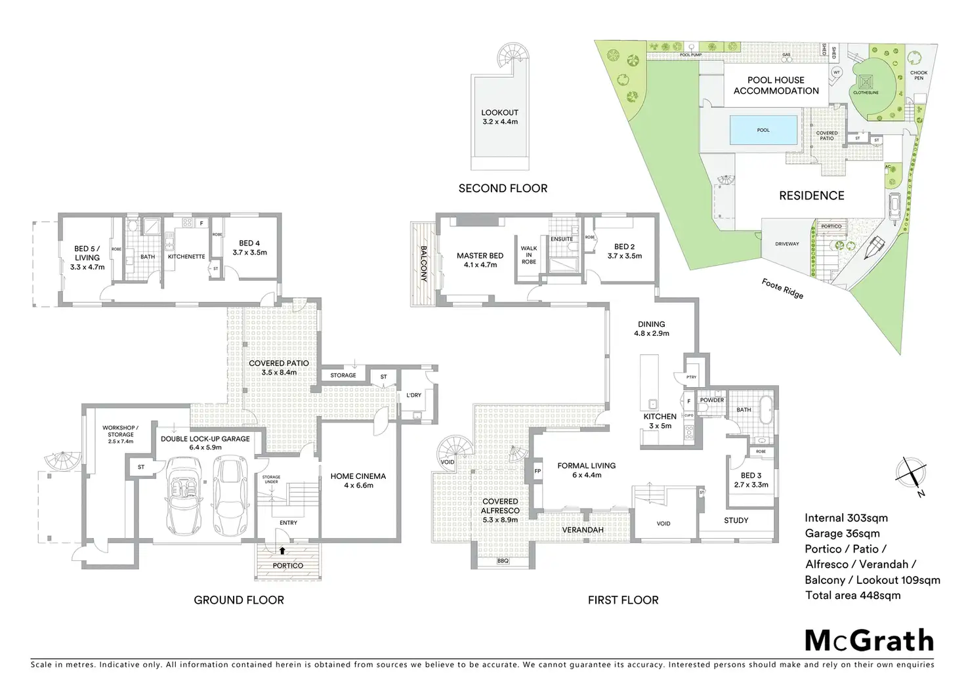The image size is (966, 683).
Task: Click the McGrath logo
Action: [869, 640]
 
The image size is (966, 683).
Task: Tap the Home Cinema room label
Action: [358, 480]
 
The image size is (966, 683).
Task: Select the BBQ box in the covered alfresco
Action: [503, 561]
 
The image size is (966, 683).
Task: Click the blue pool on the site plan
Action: [764, 130]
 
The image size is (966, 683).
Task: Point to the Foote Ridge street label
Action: [782, 288]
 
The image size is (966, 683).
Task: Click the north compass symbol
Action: [912, 472]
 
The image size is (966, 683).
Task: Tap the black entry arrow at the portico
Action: [283, 552]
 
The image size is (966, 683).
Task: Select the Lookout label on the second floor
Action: [499, 117]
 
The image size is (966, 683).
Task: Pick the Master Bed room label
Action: [480, 260]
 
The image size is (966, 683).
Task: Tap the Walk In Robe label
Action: [529, 255]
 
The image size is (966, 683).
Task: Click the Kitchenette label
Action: [186, 257]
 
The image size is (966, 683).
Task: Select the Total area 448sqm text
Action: [853, 596]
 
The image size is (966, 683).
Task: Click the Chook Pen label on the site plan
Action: [919, 75]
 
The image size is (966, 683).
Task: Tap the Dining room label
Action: [652, 329]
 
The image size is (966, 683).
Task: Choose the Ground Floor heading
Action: [239, 600]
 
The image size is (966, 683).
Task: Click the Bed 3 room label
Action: [751, 480]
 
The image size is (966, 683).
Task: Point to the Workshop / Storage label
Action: [120, 434]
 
